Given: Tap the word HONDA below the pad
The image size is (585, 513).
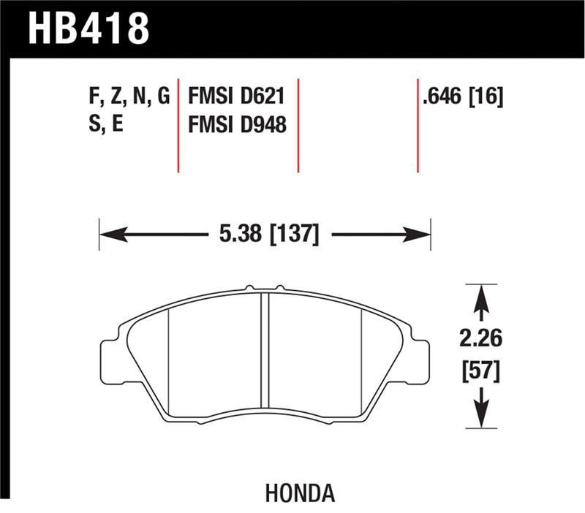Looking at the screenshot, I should [x=300, y=494].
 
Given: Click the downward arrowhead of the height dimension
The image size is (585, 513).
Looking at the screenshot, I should [x=480, y=417].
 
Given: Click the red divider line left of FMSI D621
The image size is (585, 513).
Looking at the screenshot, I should [x=178, y=124].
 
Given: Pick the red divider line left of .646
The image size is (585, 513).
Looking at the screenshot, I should [x=418, y=124].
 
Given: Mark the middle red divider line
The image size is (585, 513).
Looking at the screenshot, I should [x=298, y=124].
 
